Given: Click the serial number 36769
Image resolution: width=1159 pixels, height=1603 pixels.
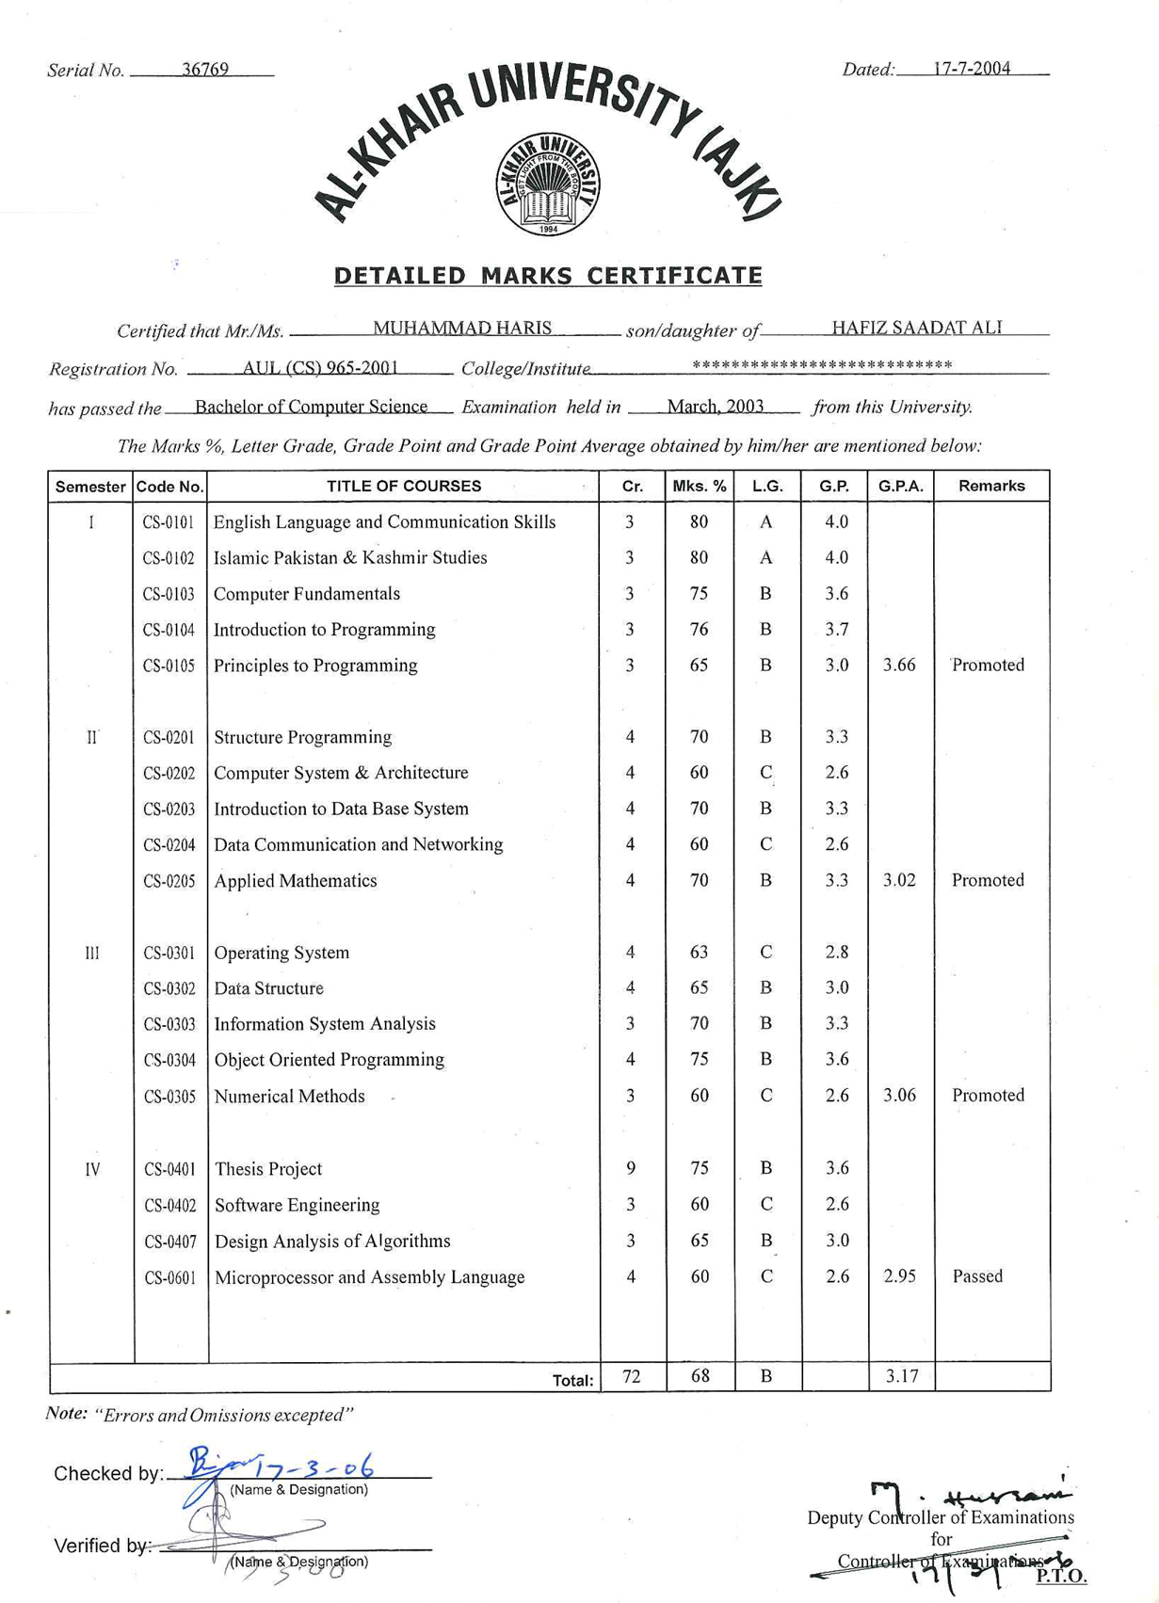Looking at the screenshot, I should click(205, 70).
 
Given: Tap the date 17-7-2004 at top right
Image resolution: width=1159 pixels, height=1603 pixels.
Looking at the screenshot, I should click(972, 68).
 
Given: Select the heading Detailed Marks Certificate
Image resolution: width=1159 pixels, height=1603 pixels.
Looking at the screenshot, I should click(548, 276).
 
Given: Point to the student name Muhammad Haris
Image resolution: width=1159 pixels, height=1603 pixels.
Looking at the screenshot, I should click(462, 328).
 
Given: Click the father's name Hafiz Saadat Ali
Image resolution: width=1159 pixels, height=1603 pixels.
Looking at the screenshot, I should click(916, 328).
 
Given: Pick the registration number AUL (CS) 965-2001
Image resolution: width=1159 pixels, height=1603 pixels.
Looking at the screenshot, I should click(320, 367).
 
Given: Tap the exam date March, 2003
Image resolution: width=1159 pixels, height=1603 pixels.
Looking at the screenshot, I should click(716, 407).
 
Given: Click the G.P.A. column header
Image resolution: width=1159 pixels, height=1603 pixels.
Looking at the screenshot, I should click(900, 486).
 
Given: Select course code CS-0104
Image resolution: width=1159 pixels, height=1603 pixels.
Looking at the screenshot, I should click(169, 630).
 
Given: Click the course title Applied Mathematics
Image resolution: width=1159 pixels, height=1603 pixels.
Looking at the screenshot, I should click(296, 881).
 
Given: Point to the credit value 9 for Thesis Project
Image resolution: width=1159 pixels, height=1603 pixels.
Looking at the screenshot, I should click(631, 1168).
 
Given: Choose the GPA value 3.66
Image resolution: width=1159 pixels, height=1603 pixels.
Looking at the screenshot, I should click(899, 665).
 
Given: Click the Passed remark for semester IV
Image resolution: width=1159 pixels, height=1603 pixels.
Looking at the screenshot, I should click(977, 1276).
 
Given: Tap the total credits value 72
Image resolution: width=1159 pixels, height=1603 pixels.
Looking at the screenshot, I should click(632, 1376).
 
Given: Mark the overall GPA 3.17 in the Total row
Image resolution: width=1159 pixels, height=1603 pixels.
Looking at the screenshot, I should click(902, 1376).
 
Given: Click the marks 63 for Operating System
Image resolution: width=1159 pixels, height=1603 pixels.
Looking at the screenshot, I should click(699, 952).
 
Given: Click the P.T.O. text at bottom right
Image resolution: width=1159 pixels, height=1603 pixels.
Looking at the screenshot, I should click(1061, 1576).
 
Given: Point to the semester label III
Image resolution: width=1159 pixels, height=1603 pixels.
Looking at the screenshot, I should click(91, 953).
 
